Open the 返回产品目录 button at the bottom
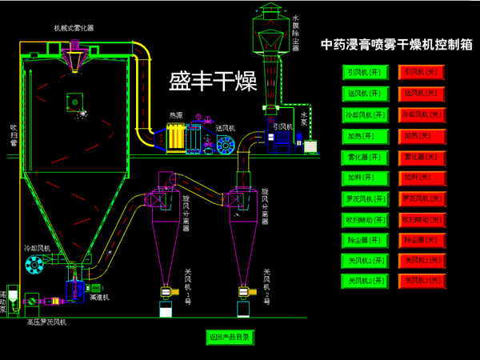(x=229, y=337)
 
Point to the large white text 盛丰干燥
(x=211, y=82)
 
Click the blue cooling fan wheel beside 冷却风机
(x=34, y=264)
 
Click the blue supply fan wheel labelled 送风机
(x=226, y=146)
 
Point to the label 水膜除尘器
(x=295, y=32)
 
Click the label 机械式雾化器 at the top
(x=74, y=28)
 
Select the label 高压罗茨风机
(x=48, y=322)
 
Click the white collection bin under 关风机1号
(x=166, y=309)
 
